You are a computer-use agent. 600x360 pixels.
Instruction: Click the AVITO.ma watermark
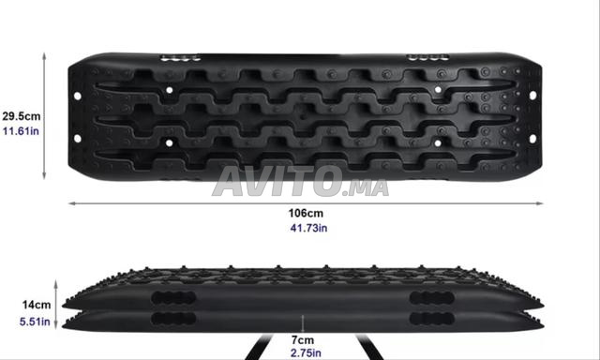coord(300,181)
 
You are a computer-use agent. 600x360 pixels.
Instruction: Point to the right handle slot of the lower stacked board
coord(431,319)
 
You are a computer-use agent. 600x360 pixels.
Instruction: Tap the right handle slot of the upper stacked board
coord(431,297)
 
